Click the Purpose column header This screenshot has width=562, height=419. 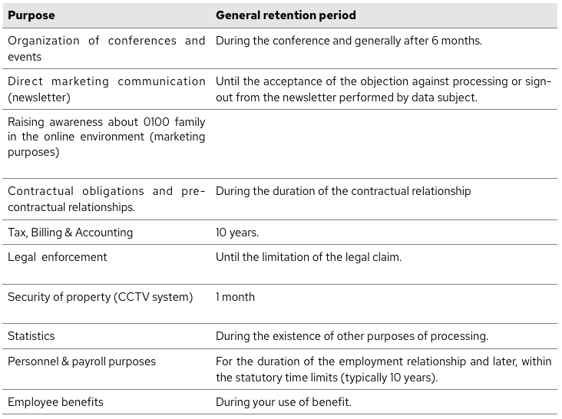31,15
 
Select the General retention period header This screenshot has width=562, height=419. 286,15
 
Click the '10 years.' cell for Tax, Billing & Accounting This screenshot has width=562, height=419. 237,233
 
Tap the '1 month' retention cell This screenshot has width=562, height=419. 235,297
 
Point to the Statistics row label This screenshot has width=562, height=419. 31,336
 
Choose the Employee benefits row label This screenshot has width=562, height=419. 55,402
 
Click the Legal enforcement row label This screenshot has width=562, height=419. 58,257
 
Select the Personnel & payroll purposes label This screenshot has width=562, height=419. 81,361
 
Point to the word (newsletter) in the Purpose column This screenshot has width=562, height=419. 39,97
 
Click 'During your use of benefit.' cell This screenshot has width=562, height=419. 283,402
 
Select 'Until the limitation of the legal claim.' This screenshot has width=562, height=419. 309,257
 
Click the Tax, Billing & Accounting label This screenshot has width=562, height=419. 71,233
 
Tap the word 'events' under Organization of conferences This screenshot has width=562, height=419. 25,57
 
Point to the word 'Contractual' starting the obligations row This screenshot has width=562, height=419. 41,191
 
